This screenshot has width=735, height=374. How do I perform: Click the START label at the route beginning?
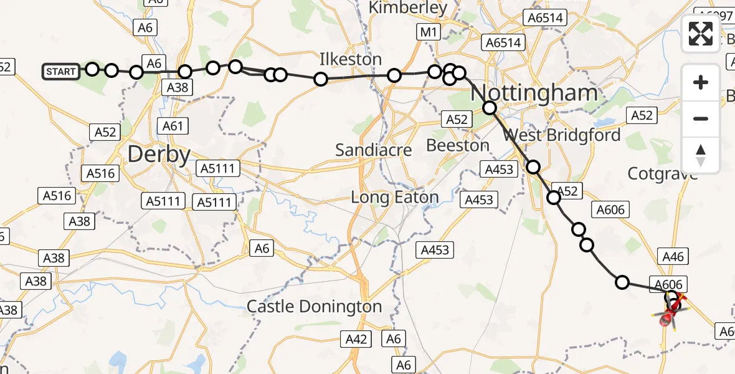coord(60,72)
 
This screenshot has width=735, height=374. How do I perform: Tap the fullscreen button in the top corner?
coord(701,33)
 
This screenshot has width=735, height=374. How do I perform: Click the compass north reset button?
coord(701,155)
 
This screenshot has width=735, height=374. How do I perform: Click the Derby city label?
coord(159,154)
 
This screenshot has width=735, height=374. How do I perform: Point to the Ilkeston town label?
coord(351,60)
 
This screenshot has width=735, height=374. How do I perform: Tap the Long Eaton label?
coord(395,198)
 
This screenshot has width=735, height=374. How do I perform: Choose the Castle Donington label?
coord(314,307)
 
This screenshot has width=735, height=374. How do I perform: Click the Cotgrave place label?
coord(680,174)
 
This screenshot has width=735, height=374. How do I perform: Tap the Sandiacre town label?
coord(374,150)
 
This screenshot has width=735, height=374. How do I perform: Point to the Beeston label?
coord(458,146)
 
